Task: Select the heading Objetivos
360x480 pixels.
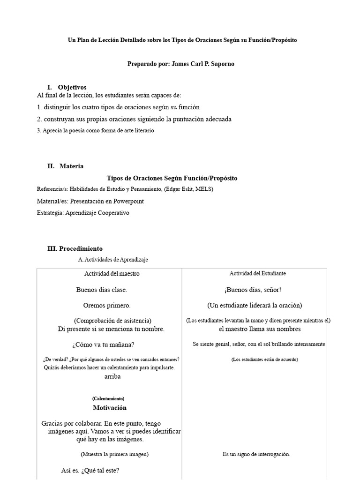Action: tap(72, 87)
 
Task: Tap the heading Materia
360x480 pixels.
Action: tap(72, 166)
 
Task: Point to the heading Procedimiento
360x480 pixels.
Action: tap(81, 249)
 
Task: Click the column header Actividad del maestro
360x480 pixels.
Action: tap(112, 274)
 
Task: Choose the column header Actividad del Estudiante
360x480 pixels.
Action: tap(257, 273)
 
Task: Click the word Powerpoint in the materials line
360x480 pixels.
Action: tap(126, 201)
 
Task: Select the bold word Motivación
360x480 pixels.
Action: tap(110, 408)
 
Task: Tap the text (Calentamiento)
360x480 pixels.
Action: tap(108, 398)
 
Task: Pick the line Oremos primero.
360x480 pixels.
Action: tap(107, 305)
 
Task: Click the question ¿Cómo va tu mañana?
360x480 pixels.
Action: tap(103, 345)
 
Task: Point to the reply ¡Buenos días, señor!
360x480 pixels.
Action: tap(253, 290)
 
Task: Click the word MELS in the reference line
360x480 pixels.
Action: tap(205, 189)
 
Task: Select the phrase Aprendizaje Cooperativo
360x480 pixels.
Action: tap(97, 213)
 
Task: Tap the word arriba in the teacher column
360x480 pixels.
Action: tap(112, 376)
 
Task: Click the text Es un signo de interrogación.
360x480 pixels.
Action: tap(256, 454)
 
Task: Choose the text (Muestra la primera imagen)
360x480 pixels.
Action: tap(114, 454)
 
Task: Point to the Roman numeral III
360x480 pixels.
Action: tap(52, 249)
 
